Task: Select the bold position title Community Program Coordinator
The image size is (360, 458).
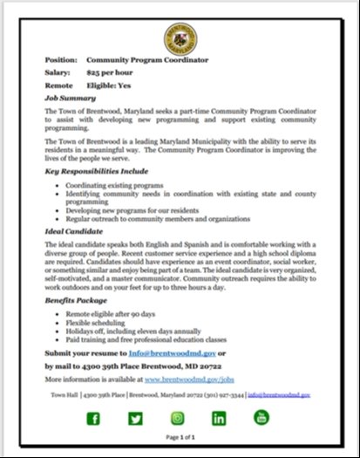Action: (x=147, y=60)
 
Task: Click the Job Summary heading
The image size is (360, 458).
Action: (x=70, y=99)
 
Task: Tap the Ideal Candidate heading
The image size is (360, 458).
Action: (x=76, y=232)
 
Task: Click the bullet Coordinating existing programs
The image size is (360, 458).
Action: (x=114, y=186)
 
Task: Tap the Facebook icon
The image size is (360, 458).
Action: (x=92, y=419)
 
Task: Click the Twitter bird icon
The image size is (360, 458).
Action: (x=135, y=419)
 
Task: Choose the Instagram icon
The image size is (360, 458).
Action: (x=177, y=419)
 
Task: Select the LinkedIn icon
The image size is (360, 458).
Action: (x=220, y=419)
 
